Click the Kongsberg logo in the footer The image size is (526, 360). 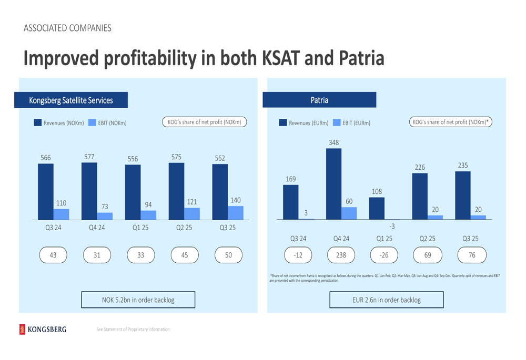(43, 329)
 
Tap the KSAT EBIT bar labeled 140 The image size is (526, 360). (236, 213)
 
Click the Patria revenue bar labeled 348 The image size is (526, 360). (333, 184)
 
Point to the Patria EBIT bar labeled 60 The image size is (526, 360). (349, 213)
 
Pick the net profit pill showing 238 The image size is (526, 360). (341, 255)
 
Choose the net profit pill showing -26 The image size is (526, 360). (385, 255)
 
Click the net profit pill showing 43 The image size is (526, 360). (53, 255)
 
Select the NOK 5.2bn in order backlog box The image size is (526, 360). (138, 300)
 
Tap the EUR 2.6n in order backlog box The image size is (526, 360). (386, 300)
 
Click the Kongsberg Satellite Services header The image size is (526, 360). (71, 100)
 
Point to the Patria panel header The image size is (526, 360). (319, 100)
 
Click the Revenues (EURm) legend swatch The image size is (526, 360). (283, 123)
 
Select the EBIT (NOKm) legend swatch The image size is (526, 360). (92, 123)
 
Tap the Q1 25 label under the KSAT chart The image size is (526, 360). (140, 228)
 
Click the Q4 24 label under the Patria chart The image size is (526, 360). (341, 239)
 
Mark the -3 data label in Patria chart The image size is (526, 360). (392, 226)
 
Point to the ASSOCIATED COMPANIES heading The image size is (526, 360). (67, 28)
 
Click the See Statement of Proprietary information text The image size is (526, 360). (133, 330)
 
